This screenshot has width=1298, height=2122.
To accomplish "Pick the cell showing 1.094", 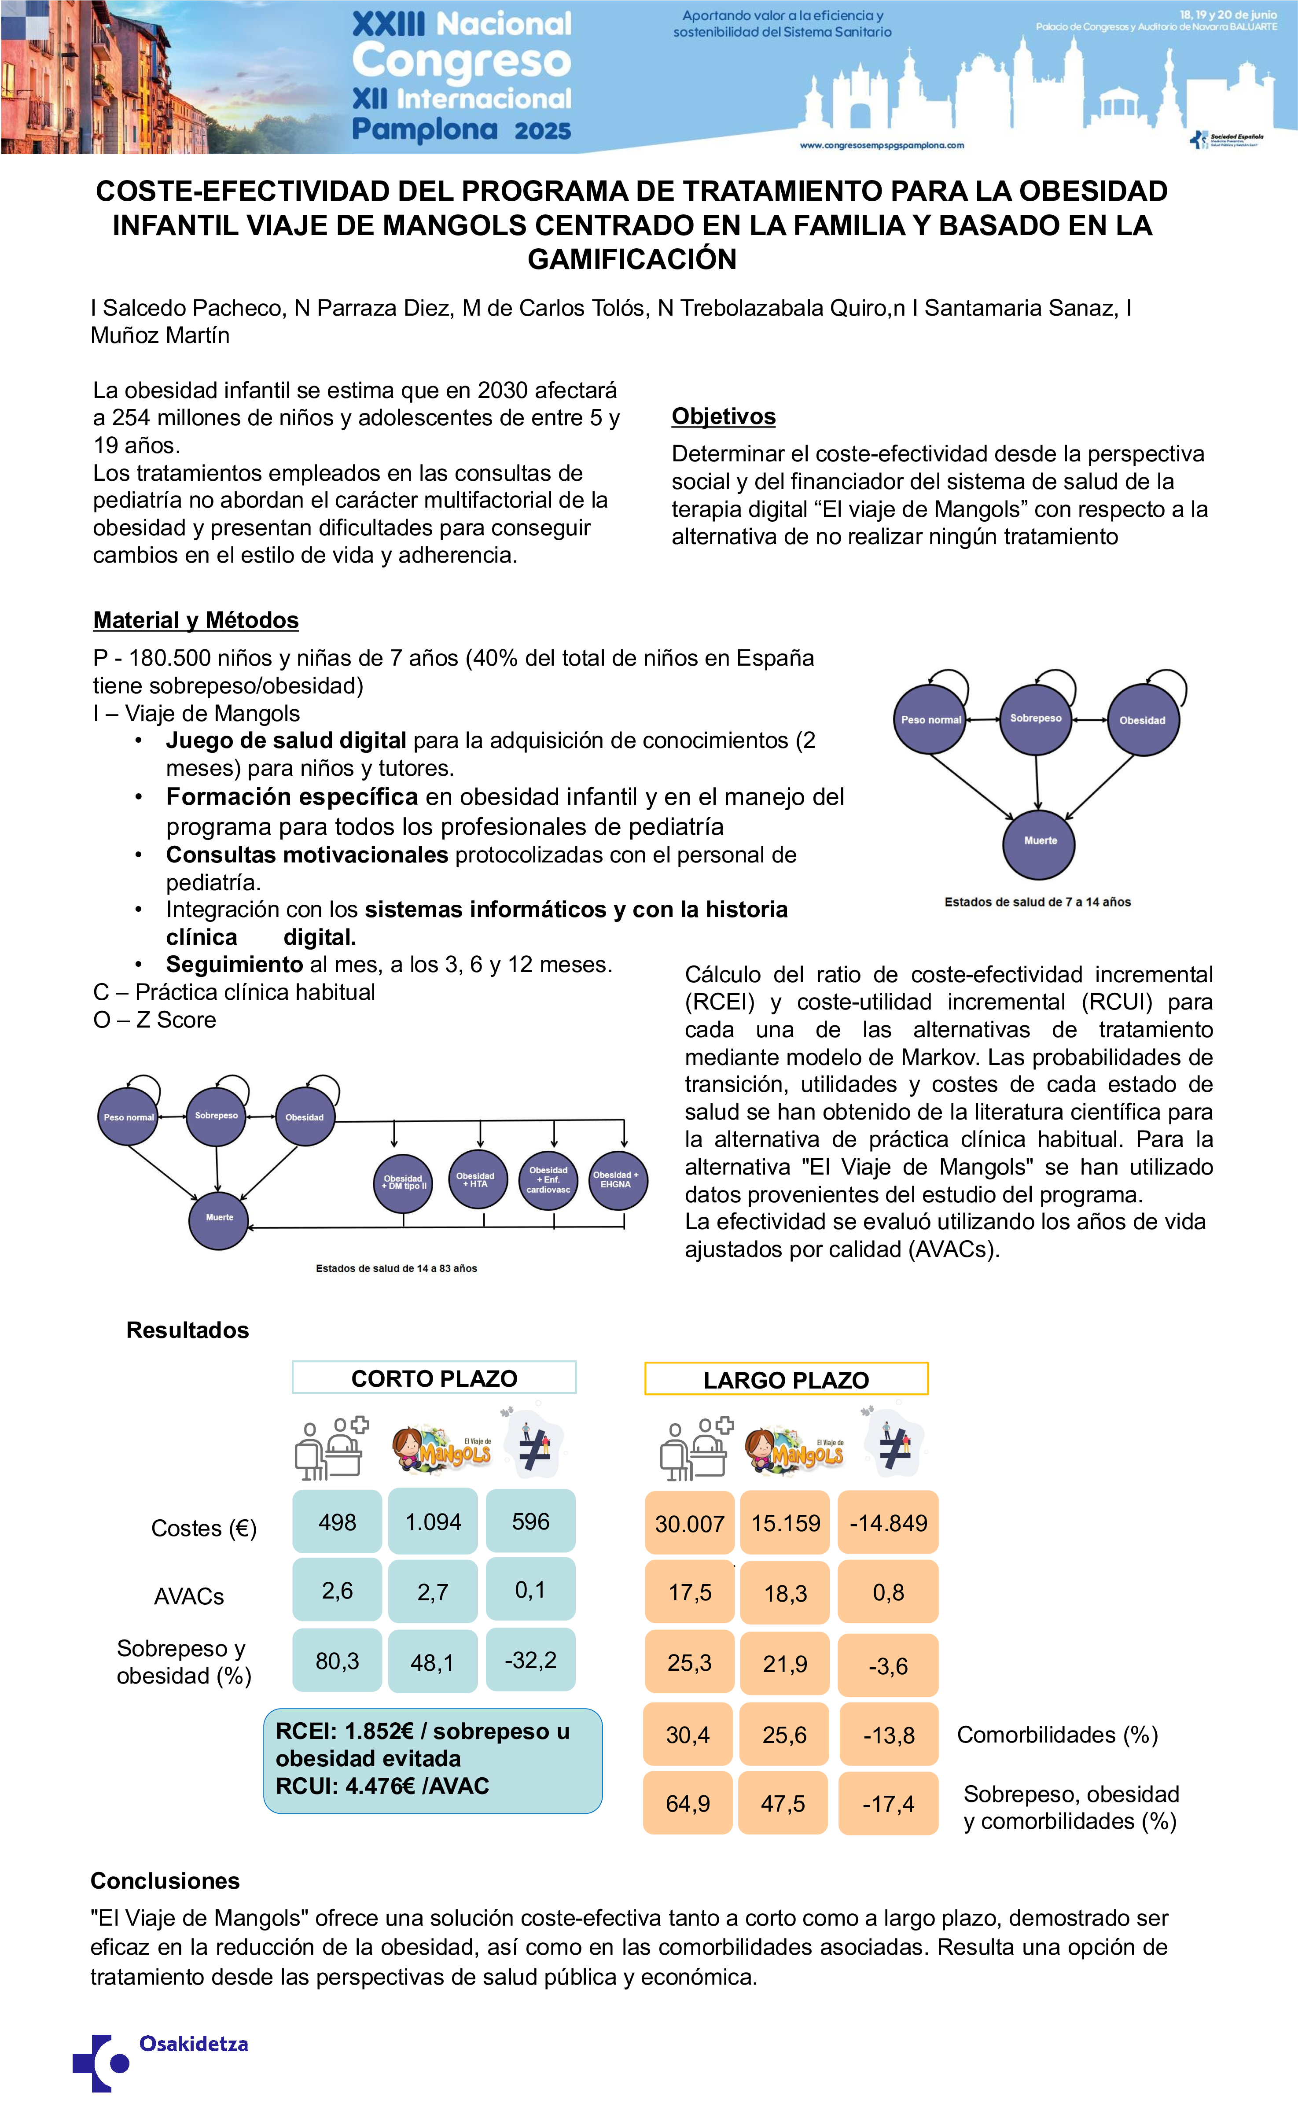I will click(x=433, y=1522).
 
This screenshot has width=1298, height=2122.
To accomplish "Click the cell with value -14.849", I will click(x=888, y=1523).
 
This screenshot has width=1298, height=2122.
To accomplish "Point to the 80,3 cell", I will click(x=337, y=1660).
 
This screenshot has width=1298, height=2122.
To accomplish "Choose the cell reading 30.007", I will click(x=689, y=1523).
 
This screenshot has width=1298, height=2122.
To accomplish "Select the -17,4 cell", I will click(x=888, y=1803).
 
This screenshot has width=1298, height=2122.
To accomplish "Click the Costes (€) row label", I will click(x=204, y=1528).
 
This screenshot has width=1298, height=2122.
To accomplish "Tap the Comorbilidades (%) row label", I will click(x=1057, y=1735).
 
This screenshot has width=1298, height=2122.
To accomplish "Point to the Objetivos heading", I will click(x=723, y=417).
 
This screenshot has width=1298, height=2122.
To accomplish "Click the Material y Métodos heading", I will click(x=195, y=620).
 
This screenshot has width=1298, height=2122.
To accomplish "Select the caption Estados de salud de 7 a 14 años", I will click(x=1037, y=902).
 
